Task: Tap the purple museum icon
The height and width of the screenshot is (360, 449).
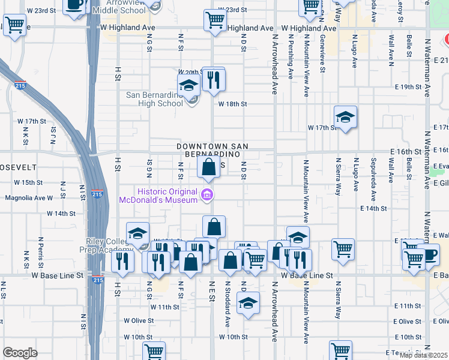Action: tap(207, 194)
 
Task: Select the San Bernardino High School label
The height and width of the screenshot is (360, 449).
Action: tap(154, 99)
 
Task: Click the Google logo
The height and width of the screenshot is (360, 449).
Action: tap(20, 353)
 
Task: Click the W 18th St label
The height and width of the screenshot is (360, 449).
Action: tap(233, 104)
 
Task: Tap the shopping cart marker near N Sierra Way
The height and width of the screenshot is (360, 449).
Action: tap(343, 248)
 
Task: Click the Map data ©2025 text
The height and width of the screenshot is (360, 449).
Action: tap(423, 355)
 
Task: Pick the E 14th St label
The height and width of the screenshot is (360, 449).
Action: tap(373, 208)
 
